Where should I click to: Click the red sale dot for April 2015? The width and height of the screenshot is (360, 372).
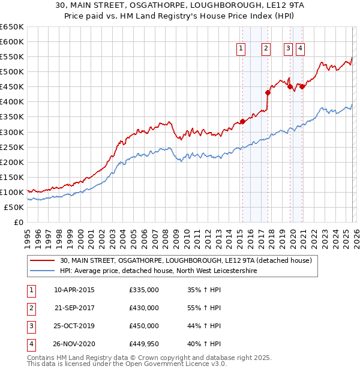[x=242, y=121]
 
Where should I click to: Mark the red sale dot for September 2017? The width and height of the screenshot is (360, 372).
[x=268, y=92]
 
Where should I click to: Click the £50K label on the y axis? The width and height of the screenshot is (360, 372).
[x=14, y=207]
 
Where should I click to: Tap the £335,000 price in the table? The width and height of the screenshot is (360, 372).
[x=144, y=290]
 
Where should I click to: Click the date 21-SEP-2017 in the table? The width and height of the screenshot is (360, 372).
[x=74, y=308]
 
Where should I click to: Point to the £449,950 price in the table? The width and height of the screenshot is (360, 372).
[x=144, y=344]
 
